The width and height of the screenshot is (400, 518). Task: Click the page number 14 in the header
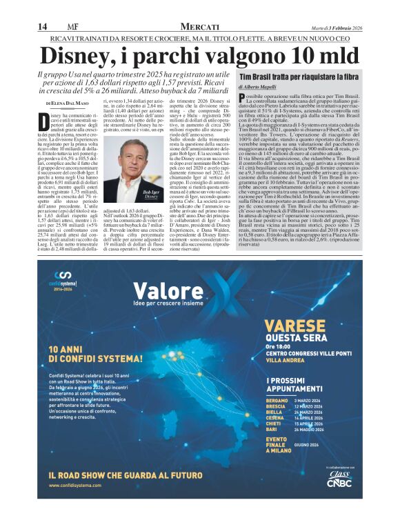pos(42,26)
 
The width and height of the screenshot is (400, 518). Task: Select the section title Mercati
pos(200,25)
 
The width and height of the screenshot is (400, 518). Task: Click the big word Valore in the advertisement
pos(161,291)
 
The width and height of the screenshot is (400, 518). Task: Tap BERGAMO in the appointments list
pos(277,400)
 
